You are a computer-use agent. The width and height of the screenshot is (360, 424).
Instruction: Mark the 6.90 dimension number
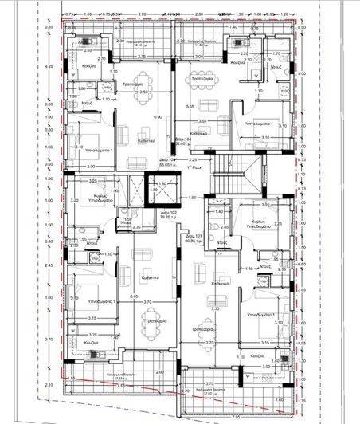coord(157,117)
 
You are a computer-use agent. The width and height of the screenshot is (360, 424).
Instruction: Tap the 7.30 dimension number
coord(215,308)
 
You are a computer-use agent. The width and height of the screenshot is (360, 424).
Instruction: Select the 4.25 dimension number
coord(49,67)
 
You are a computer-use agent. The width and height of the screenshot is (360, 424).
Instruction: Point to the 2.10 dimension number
coord(49,385)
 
